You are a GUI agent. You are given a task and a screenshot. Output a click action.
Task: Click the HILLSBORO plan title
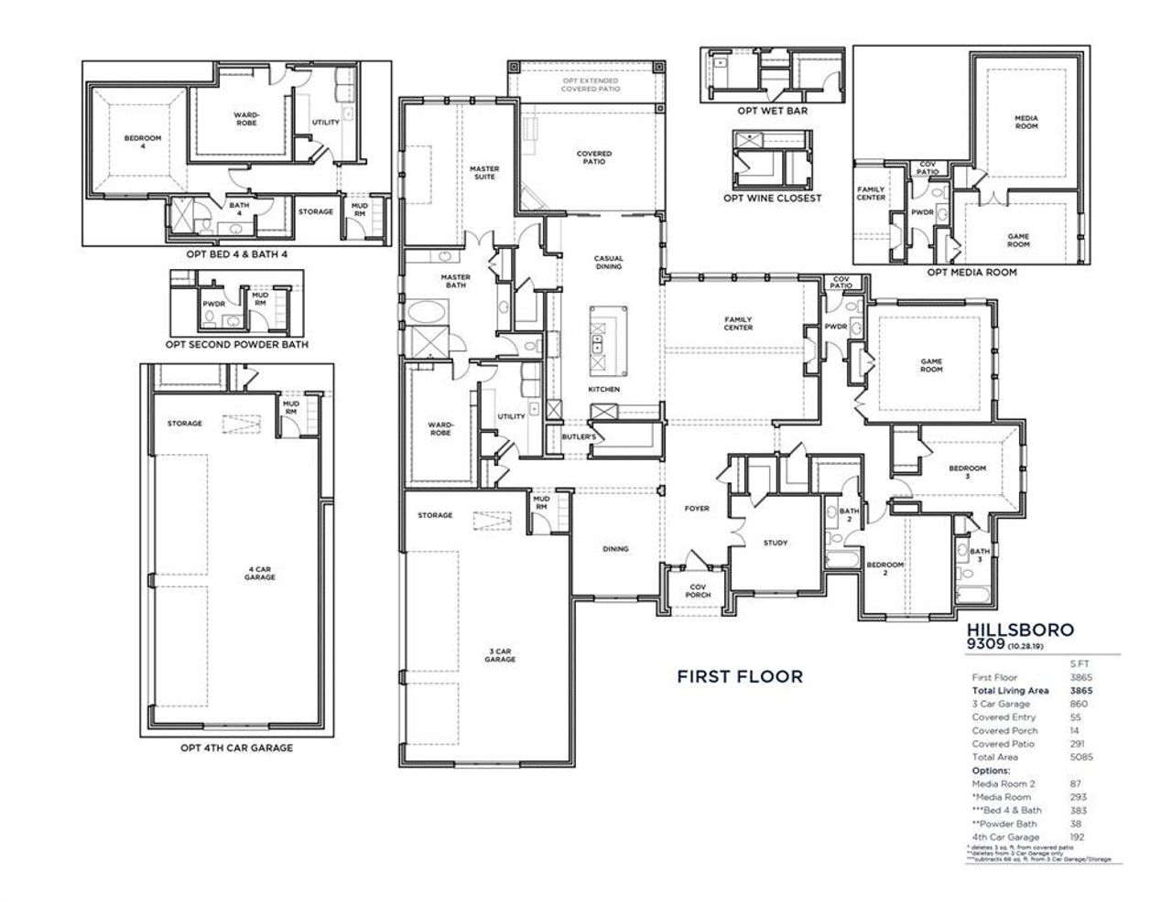(1020, 630)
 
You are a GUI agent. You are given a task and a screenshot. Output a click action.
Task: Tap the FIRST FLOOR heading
(740, 676)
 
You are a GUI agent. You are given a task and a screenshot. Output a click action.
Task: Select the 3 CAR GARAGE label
(501, 654)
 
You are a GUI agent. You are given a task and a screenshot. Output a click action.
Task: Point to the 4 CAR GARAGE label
(260, 574)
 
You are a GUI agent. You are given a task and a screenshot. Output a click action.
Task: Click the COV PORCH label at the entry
(698, 590)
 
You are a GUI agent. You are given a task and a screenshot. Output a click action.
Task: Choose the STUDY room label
(776, 543)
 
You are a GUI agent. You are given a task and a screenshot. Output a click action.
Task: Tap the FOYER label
(698, 509)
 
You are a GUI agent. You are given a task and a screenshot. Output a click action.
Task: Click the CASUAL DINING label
(609, 263)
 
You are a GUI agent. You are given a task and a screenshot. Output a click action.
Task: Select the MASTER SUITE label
(484, 172)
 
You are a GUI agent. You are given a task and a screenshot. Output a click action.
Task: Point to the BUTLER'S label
(580, 437)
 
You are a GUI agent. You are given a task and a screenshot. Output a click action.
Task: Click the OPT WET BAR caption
(772, 111)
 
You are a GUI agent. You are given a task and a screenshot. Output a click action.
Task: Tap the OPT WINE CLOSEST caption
(772, 198)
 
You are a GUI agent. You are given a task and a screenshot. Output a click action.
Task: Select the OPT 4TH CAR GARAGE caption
(236, 748)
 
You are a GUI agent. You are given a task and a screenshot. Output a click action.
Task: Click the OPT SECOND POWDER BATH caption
(237, 345)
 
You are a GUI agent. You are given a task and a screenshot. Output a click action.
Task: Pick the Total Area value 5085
(1080, 757)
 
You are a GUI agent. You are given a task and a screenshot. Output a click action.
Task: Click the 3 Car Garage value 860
(1079, 704)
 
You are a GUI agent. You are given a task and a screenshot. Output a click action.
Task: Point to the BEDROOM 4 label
(142, 142)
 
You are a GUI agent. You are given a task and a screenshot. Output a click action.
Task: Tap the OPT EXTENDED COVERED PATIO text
(591, 85)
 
